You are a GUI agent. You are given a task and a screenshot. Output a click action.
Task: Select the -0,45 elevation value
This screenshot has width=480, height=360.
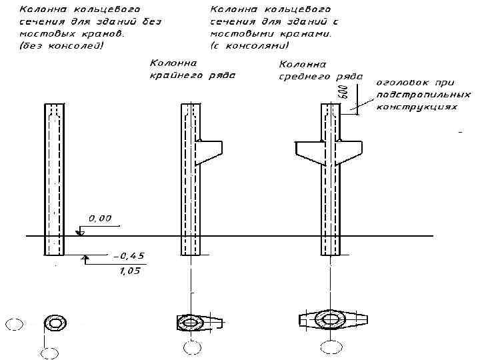[x=129, y=256]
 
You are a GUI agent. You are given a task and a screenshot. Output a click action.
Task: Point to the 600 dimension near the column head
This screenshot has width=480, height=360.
[x=343, y=91]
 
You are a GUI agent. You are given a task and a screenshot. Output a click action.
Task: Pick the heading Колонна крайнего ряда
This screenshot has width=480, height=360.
[x=192, y=69]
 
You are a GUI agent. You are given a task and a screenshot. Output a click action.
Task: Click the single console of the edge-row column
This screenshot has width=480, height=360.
[x=210, y=152]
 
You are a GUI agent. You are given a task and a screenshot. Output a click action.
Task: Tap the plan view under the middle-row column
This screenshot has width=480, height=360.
[x=331, y=321]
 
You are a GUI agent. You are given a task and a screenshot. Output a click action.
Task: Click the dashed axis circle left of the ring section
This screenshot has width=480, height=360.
[x=13, y=325]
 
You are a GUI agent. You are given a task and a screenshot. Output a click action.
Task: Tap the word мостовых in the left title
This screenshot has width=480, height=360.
[x=43, y=33]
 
